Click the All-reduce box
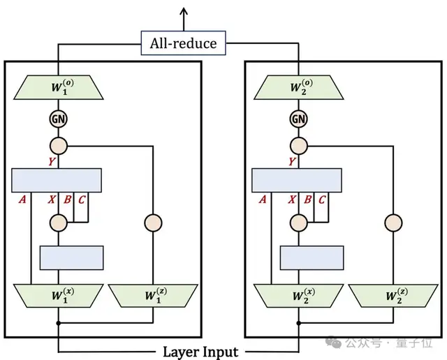(x=184, y=43)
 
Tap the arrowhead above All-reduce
(x=184, y=12)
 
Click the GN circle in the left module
(x=58, y=119)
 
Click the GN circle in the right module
(x=298, y=119)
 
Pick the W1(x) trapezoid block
(x=58, y=295)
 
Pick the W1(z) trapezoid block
(x=153, y=295)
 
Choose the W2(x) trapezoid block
(x=298, y=295)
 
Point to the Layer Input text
(x=201, y=352)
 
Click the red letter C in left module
(x=82, y=200)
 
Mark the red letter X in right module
(x=291, y=200)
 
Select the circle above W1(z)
(x=153, y=223)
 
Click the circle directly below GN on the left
(x=58, y=147)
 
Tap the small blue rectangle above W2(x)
(x=312, y=257)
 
